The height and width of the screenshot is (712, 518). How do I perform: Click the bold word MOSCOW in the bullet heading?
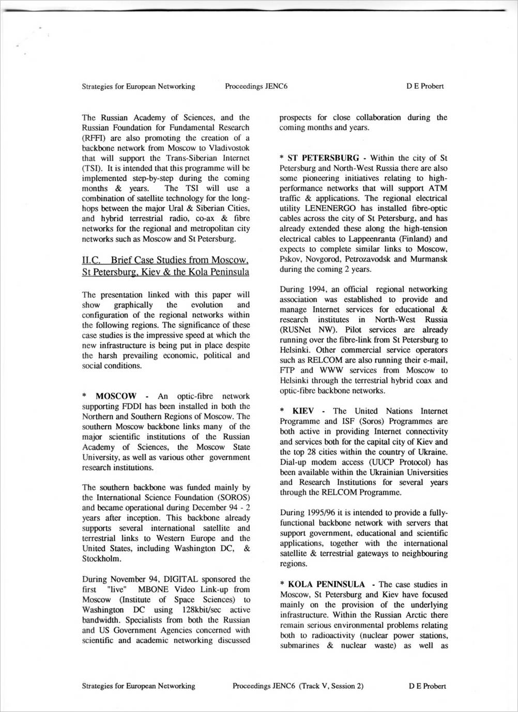[116, 396]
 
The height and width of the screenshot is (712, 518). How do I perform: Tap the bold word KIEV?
[303, 411]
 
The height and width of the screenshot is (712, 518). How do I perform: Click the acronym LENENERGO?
[325, 208]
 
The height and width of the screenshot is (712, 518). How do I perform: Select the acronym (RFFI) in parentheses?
[94, 138]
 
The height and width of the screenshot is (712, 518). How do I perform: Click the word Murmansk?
[429, 259]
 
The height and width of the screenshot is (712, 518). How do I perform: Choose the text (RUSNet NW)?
[305, 330]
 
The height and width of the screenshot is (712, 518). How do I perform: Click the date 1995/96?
[322, 513]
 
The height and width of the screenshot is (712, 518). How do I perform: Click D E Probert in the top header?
[425, 86]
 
